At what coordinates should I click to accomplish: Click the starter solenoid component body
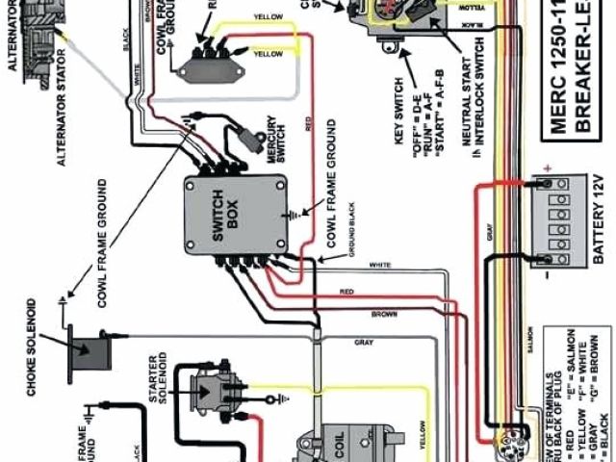coord(213,390)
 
